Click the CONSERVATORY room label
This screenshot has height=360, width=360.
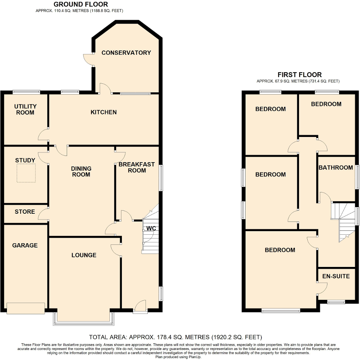click(126, 53)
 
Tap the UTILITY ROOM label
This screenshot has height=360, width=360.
click(25, 109)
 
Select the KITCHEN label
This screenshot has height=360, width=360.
click(104, 112)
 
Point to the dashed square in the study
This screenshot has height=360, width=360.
click(26, 173)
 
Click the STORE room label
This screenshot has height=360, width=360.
click(25, 212)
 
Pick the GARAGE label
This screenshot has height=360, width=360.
click(25, 246)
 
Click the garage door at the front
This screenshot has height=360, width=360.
click(26, 308)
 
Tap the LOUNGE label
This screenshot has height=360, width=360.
click(84, 255)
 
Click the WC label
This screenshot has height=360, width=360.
click(151, 228)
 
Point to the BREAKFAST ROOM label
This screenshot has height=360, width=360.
click(137, 167)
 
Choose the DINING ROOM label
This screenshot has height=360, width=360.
click(81, 171)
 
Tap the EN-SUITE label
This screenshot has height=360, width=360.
click(336, 276)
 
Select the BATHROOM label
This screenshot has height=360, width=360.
click(336, 168)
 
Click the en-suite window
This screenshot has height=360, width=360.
click(336, 302)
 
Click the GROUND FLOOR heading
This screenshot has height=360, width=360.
click(81, 4)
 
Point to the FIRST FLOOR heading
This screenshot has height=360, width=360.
click(299, 75)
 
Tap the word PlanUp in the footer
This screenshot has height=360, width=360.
click(194, 357)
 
